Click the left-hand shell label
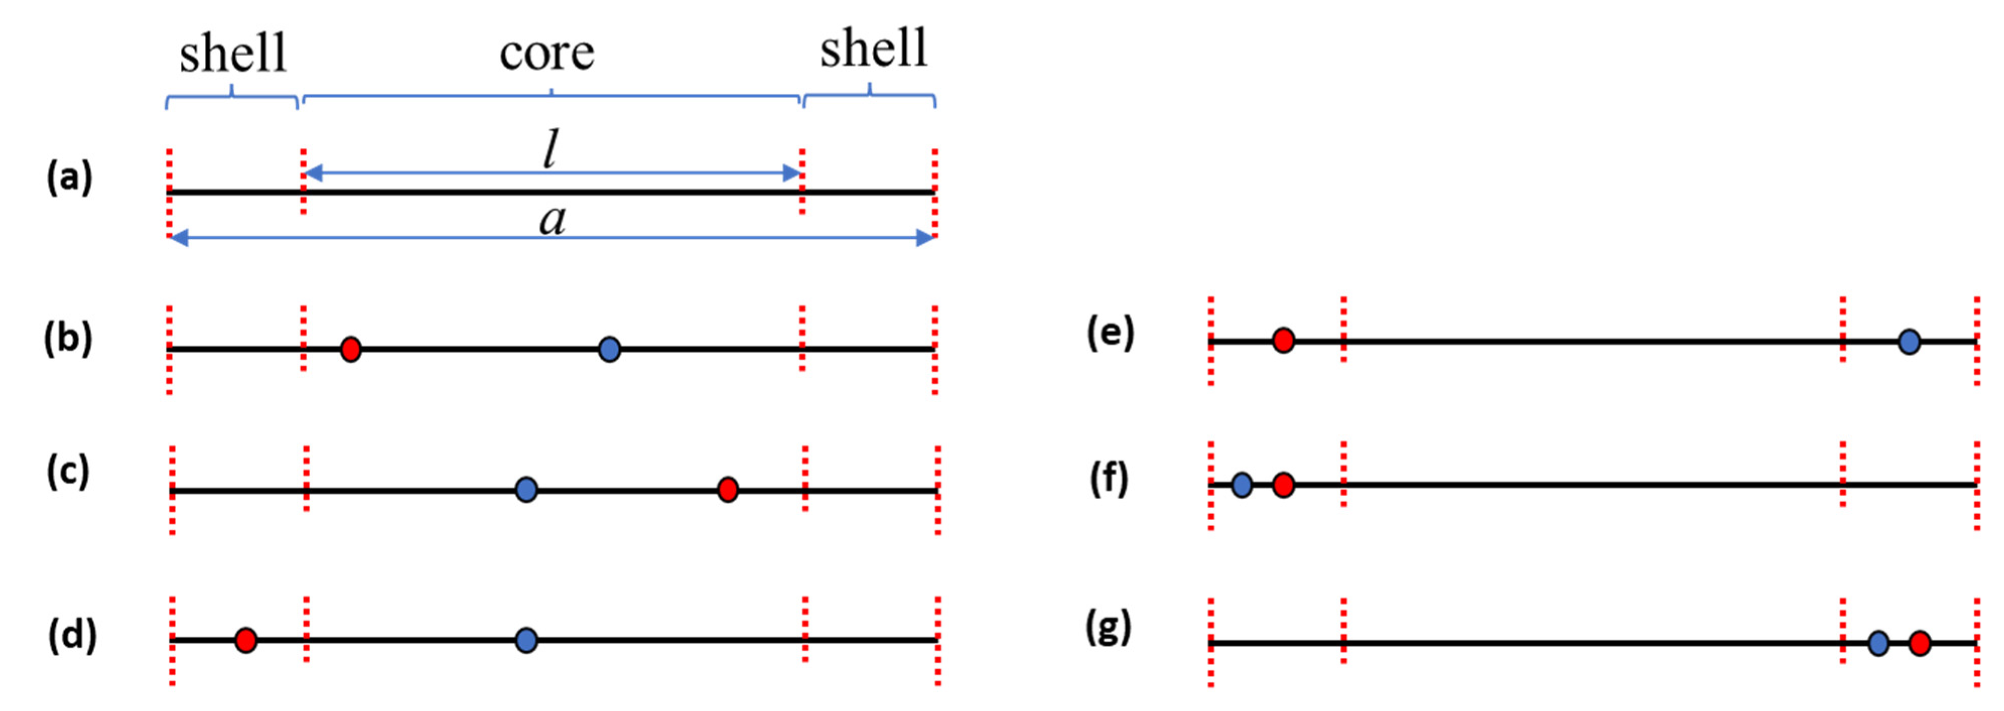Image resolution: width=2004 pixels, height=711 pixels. (233, 54)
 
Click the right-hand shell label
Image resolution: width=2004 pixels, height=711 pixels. (874, 48)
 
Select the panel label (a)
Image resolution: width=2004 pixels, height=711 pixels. (69, 177)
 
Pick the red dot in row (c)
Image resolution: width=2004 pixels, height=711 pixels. (727, 490)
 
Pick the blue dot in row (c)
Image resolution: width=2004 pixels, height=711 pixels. (527, 490)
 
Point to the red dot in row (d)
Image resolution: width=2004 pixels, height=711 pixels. (246, 640)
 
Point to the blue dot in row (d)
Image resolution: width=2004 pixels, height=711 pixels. (527, 640)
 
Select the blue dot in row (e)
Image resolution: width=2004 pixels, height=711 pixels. (1909, 341)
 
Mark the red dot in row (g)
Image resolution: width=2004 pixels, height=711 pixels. (1920, 644)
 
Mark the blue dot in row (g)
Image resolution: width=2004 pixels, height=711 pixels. (1879, 644)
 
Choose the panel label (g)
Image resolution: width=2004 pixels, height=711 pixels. (1109, 628)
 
